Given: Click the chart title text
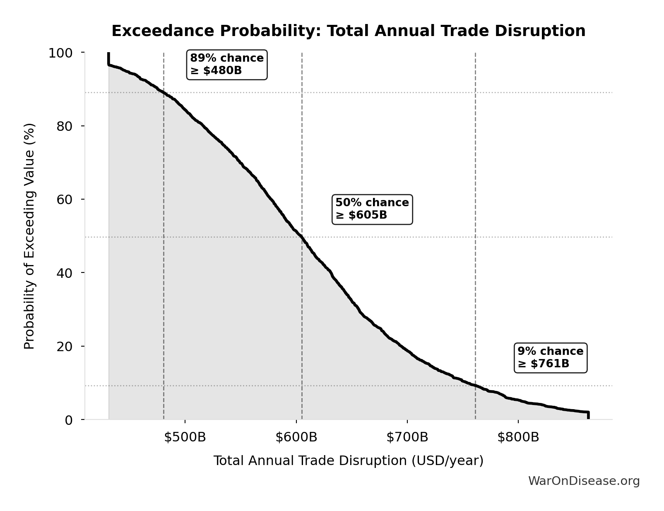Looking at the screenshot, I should point(348,31).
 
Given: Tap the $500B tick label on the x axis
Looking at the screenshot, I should point(185,437).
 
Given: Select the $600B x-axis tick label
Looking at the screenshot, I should point(296,437).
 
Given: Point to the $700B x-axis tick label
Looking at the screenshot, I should point(407,437).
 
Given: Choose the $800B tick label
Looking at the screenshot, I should point(518,437).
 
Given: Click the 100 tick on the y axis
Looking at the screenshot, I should point(60,53).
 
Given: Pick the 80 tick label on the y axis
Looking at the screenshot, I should point(65,126).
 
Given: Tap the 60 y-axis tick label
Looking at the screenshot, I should point(65,199).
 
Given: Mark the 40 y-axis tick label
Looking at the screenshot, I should point(65,273).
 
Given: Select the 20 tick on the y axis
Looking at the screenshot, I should point(65,346).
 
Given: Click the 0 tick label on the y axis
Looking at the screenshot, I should point(69,420).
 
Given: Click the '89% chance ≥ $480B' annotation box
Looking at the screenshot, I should point(227,65).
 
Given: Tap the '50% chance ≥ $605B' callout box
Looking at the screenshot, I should point(372,209).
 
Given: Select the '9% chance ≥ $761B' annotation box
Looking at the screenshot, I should point(550,358).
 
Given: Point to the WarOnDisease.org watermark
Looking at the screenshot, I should point(584,481).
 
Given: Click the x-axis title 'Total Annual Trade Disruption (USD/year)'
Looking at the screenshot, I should point(348,461).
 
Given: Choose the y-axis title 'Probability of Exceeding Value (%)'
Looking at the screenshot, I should point(29,236).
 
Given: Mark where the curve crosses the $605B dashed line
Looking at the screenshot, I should point(302,237).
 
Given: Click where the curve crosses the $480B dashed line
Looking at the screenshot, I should point(164,93).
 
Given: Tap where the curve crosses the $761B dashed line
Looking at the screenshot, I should point(475,386).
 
